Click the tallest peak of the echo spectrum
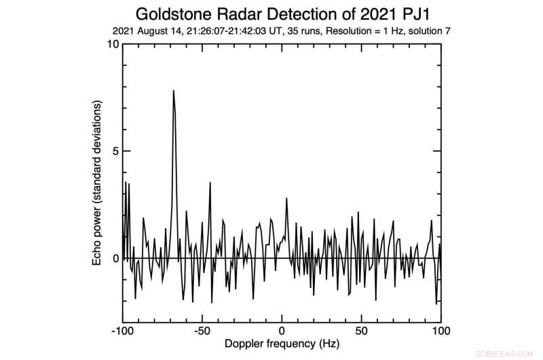click(x=173, y=91)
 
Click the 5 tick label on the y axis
click(x=115, y=151)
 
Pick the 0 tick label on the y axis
click(x=115, y=258)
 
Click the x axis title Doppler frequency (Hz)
click(x=282, y=344)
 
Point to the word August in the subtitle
click(x=158, y=31)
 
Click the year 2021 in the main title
click(x=371, y=14)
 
